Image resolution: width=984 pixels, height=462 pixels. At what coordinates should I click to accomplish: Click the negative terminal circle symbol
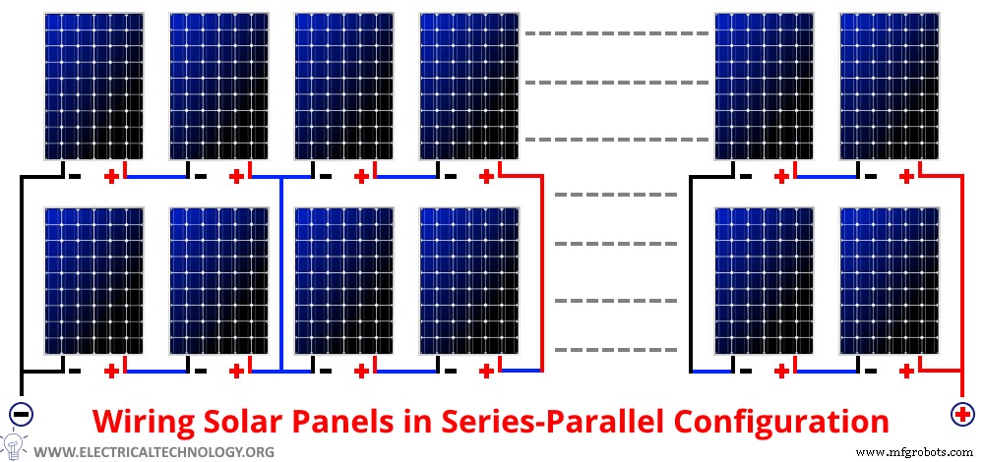[21, 413]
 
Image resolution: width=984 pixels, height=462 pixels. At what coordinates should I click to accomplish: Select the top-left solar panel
[94, 86]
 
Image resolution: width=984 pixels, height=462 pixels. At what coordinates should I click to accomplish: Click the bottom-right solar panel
[889, 280]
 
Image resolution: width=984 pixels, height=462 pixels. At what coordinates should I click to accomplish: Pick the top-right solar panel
[889, 86]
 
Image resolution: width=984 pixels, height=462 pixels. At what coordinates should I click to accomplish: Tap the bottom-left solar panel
[94, 280]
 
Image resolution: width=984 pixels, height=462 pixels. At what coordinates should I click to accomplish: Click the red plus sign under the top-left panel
[112, 177]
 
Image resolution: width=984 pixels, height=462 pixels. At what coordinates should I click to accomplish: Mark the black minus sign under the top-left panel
[76, 177]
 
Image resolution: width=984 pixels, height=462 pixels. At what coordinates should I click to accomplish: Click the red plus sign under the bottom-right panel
[906, 372]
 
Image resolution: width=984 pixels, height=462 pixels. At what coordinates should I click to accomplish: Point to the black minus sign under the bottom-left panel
[76, 372]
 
